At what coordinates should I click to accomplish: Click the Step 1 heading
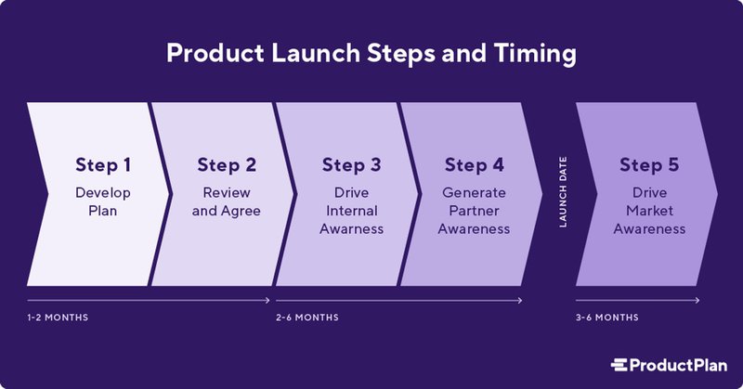(103, 166)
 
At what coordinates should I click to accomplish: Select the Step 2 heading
(226, 166)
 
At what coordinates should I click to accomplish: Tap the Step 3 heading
(351, 166)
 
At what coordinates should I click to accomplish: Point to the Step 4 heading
(474, 166)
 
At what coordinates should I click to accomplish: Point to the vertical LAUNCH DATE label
(563, 193)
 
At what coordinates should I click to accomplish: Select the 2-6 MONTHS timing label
(307, 318)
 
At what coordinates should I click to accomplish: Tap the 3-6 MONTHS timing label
(607, 318)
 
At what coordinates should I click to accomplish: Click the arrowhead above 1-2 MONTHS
(268, 300)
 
